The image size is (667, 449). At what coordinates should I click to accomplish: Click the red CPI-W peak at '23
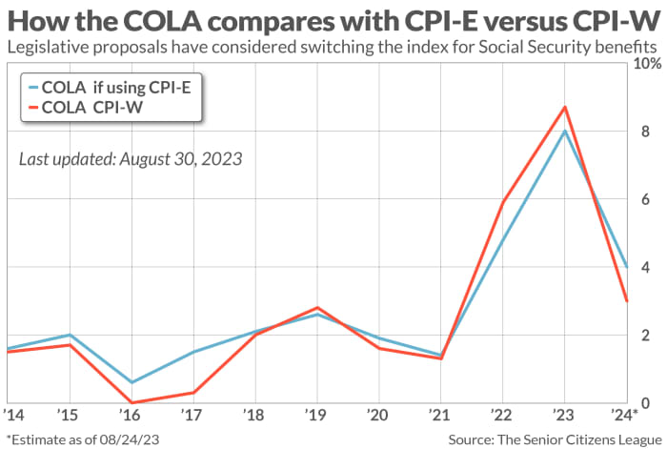[x=565, y=107]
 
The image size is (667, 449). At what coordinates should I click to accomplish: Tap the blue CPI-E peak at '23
[x=565, y=131]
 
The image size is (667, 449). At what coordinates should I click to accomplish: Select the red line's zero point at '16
[x=131, y=402]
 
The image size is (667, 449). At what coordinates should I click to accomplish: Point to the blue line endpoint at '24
[x=626, y=267]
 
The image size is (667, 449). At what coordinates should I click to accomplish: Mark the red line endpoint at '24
[x=626, y=301]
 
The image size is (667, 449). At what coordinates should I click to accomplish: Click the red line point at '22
[x=502, y=202]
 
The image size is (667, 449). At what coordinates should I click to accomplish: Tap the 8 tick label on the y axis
[x=645, y=132]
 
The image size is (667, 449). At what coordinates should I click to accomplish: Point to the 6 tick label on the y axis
[x=645, y=199]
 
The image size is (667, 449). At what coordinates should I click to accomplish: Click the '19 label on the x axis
[x=316, y=417]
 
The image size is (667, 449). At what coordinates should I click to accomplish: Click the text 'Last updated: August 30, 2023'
[x=130, y=157]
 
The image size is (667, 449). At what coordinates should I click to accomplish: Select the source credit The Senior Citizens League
[x=556, y=438]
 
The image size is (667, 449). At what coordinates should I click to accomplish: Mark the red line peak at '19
[x=316, y=308]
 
